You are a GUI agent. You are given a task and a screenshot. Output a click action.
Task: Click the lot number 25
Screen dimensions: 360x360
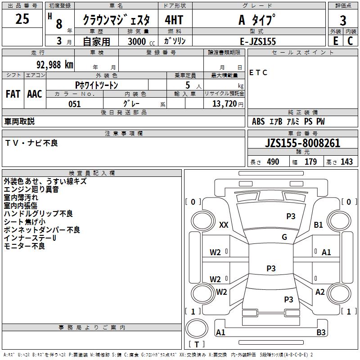click(x=22, y=19)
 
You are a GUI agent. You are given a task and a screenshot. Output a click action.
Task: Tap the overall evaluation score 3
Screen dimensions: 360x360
click(x=343, y=20)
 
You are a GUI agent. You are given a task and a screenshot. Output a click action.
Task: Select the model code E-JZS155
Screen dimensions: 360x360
click(x=258, y=41)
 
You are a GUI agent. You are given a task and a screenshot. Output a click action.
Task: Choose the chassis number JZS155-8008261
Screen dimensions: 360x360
click(x=302, y=144)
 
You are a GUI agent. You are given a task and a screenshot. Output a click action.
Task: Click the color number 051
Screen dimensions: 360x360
click(x=74, y=104)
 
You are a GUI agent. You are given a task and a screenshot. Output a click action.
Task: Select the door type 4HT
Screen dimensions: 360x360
click(x=174, y=20)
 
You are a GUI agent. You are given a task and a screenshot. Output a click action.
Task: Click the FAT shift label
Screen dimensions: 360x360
click(x=13, y=94)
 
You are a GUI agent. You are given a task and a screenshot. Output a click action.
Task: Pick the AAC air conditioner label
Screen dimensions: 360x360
click(x=35, y=94)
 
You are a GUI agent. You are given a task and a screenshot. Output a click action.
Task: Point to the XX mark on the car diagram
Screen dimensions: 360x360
click(x=224, y=225)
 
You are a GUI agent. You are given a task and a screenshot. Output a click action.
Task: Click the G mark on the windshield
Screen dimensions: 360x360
click(x=284, y=237)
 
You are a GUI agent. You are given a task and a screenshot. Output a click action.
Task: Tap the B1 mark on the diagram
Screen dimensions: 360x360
click(x=319, y=225)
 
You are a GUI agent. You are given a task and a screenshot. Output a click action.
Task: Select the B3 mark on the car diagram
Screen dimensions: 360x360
click(x=321, y=333)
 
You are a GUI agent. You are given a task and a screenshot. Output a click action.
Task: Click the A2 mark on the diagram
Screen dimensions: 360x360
click(x=320, y=292)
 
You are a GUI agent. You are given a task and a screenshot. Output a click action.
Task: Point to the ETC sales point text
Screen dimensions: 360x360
click(x=258, y=72)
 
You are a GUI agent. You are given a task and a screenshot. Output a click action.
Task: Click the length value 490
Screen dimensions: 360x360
click(x=273, y=162)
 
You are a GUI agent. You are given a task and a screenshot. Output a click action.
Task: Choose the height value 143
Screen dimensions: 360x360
click(x=346, y=162)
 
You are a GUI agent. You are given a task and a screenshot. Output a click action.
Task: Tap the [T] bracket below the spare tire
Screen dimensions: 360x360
click(x=197, y=345)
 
